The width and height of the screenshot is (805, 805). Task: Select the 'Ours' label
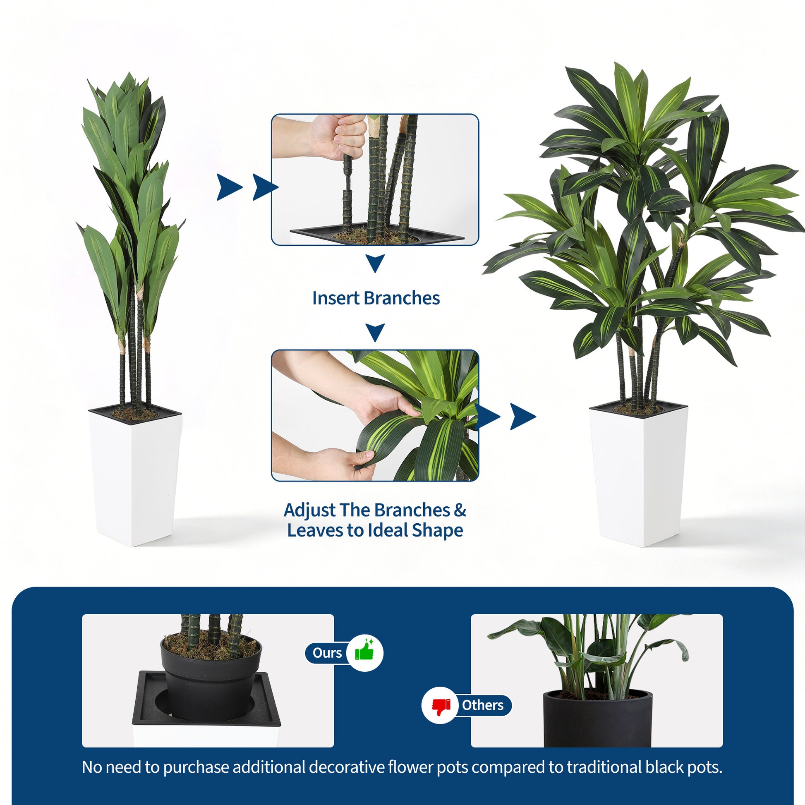click(x=327, y=653)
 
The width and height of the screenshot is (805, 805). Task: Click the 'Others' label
click(x=482, y=705)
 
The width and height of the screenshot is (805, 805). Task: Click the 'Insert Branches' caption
click(x=376, y=298)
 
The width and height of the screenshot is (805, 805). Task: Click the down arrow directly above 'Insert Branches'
click(x=376, y=264)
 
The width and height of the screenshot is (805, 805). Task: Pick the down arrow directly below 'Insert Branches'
click(x=376, y=333)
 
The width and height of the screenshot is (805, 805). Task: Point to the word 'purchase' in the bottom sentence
click(x=196, y=767)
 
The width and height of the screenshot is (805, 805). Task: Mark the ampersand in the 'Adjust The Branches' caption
click(x=460, y=510)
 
